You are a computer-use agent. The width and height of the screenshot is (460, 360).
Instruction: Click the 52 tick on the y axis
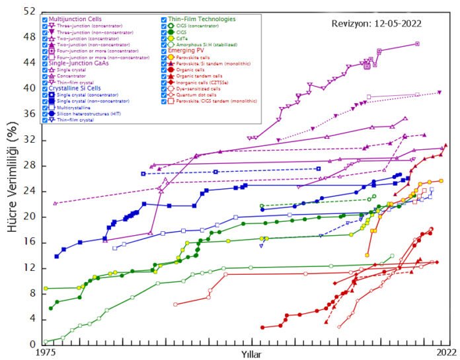(31, 12)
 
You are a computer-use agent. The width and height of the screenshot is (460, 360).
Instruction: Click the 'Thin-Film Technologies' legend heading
(204, 19)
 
